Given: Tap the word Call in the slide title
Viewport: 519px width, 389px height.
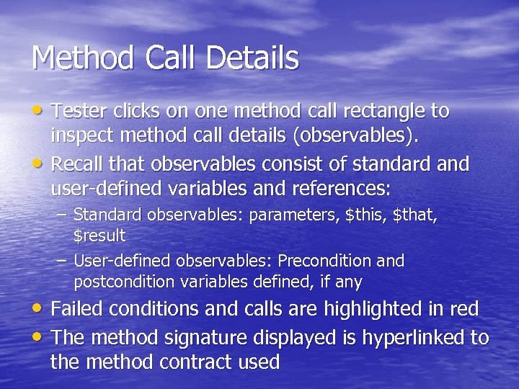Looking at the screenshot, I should point(163,58).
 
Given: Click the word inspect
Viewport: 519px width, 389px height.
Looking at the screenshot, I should point(81,135).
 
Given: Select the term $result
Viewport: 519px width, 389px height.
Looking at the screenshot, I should point(99,236).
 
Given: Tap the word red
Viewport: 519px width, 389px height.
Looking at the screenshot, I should point(463,309).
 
